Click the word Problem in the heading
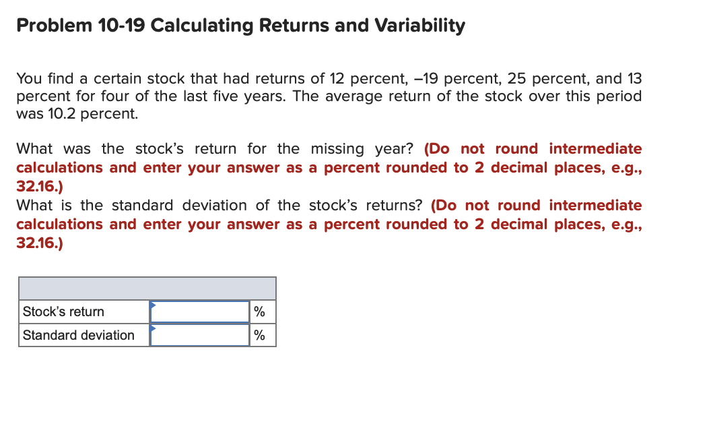[49, 26]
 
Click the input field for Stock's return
[200, 311]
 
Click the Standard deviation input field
[200, 335]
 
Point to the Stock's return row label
[63, 311]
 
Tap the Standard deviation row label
[79, 335]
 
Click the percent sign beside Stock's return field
[260, 311]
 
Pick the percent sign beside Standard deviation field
[260, 335]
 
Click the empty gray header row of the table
[147, 288]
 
